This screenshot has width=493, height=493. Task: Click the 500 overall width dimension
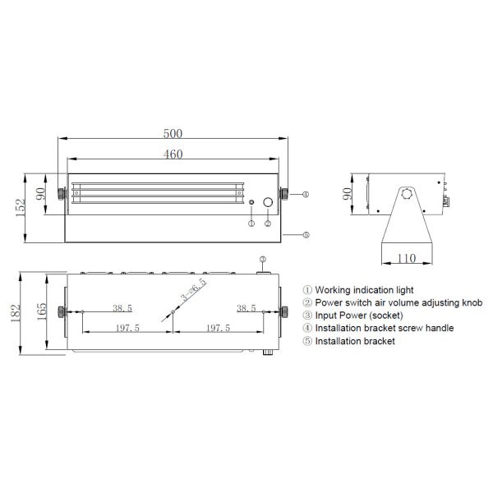point(173,133)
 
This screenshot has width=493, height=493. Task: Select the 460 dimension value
point(173,154)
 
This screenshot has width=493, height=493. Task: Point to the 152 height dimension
point(19,208)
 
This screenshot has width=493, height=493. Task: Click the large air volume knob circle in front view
point(268,202)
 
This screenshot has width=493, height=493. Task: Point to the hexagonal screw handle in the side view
point(407,196)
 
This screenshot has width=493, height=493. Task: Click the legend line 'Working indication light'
point(358,290)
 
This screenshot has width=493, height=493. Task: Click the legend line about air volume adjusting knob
point(392,302)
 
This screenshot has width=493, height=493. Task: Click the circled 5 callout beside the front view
point(305,235)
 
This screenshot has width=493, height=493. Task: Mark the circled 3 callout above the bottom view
point(263,260)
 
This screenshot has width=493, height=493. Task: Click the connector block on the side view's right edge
point(446,199)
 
